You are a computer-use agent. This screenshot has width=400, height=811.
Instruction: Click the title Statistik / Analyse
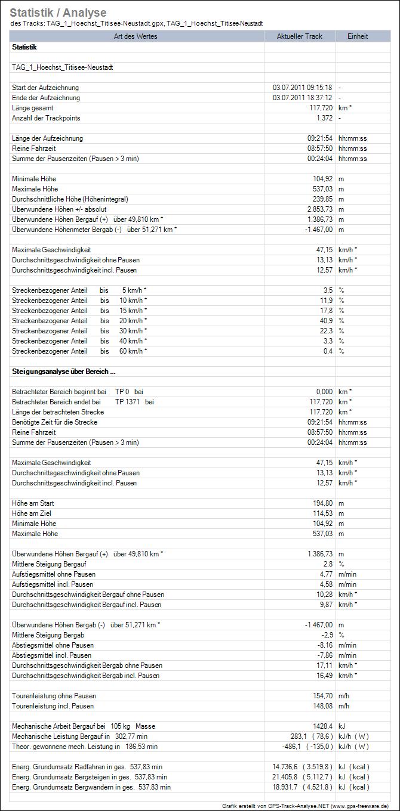click(58, 13)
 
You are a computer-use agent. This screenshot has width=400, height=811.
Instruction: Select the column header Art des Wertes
click(137, 36)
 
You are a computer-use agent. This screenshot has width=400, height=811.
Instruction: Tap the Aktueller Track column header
click(299, 36)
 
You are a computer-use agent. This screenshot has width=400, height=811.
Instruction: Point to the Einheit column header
click(358, 36)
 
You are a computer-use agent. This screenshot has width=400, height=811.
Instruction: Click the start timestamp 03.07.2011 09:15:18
click(302, 88)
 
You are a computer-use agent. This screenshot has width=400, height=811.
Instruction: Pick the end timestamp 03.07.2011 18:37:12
click(302, 98)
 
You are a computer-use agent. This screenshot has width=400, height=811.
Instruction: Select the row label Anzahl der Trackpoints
click(46, 118)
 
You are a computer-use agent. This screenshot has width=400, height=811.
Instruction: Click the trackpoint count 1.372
click(324, 118)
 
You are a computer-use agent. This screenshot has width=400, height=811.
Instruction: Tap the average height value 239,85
click(321, 199)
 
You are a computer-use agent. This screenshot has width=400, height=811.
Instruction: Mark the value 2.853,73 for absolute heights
click(318, 209)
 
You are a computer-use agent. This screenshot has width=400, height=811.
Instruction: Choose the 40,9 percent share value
click(325, 321)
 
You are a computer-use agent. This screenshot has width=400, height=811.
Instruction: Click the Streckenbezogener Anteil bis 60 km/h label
click(79, 351)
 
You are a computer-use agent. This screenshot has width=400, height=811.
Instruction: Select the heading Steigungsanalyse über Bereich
click(60, 372)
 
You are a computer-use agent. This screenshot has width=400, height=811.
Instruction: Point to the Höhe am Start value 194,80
click(321, 503)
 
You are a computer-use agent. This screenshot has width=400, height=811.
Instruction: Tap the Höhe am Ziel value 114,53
click(321, 513)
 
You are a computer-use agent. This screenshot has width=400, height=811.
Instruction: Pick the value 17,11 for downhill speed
click(322, 665)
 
